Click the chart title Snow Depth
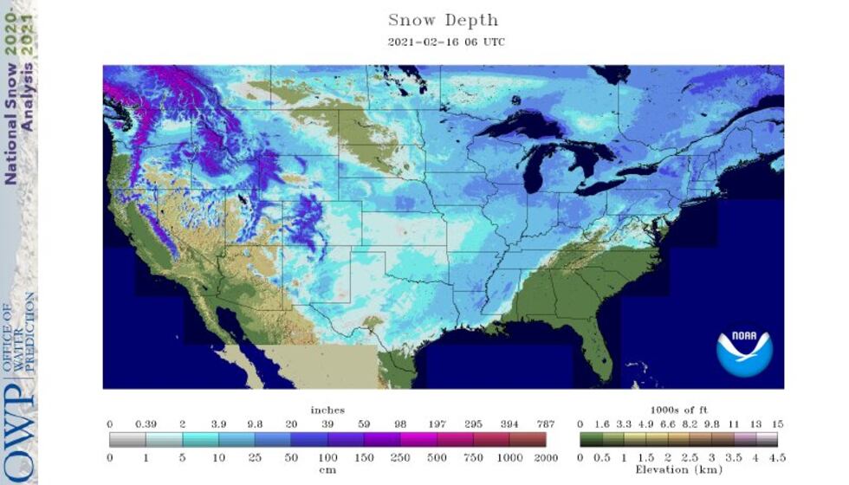pos(443,20)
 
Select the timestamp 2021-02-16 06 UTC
pos(443,42)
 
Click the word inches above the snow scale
pos(327,410)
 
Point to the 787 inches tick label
pos(546,424)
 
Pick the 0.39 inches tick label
pos(146,424)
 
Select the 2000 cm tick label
pos(546,456)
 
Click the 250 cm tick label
pos(401,456)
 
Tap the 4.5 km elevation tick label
pos(777,456)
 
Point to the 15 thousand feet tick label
pos(777,424)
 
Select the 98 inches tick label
pos(401,424)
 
